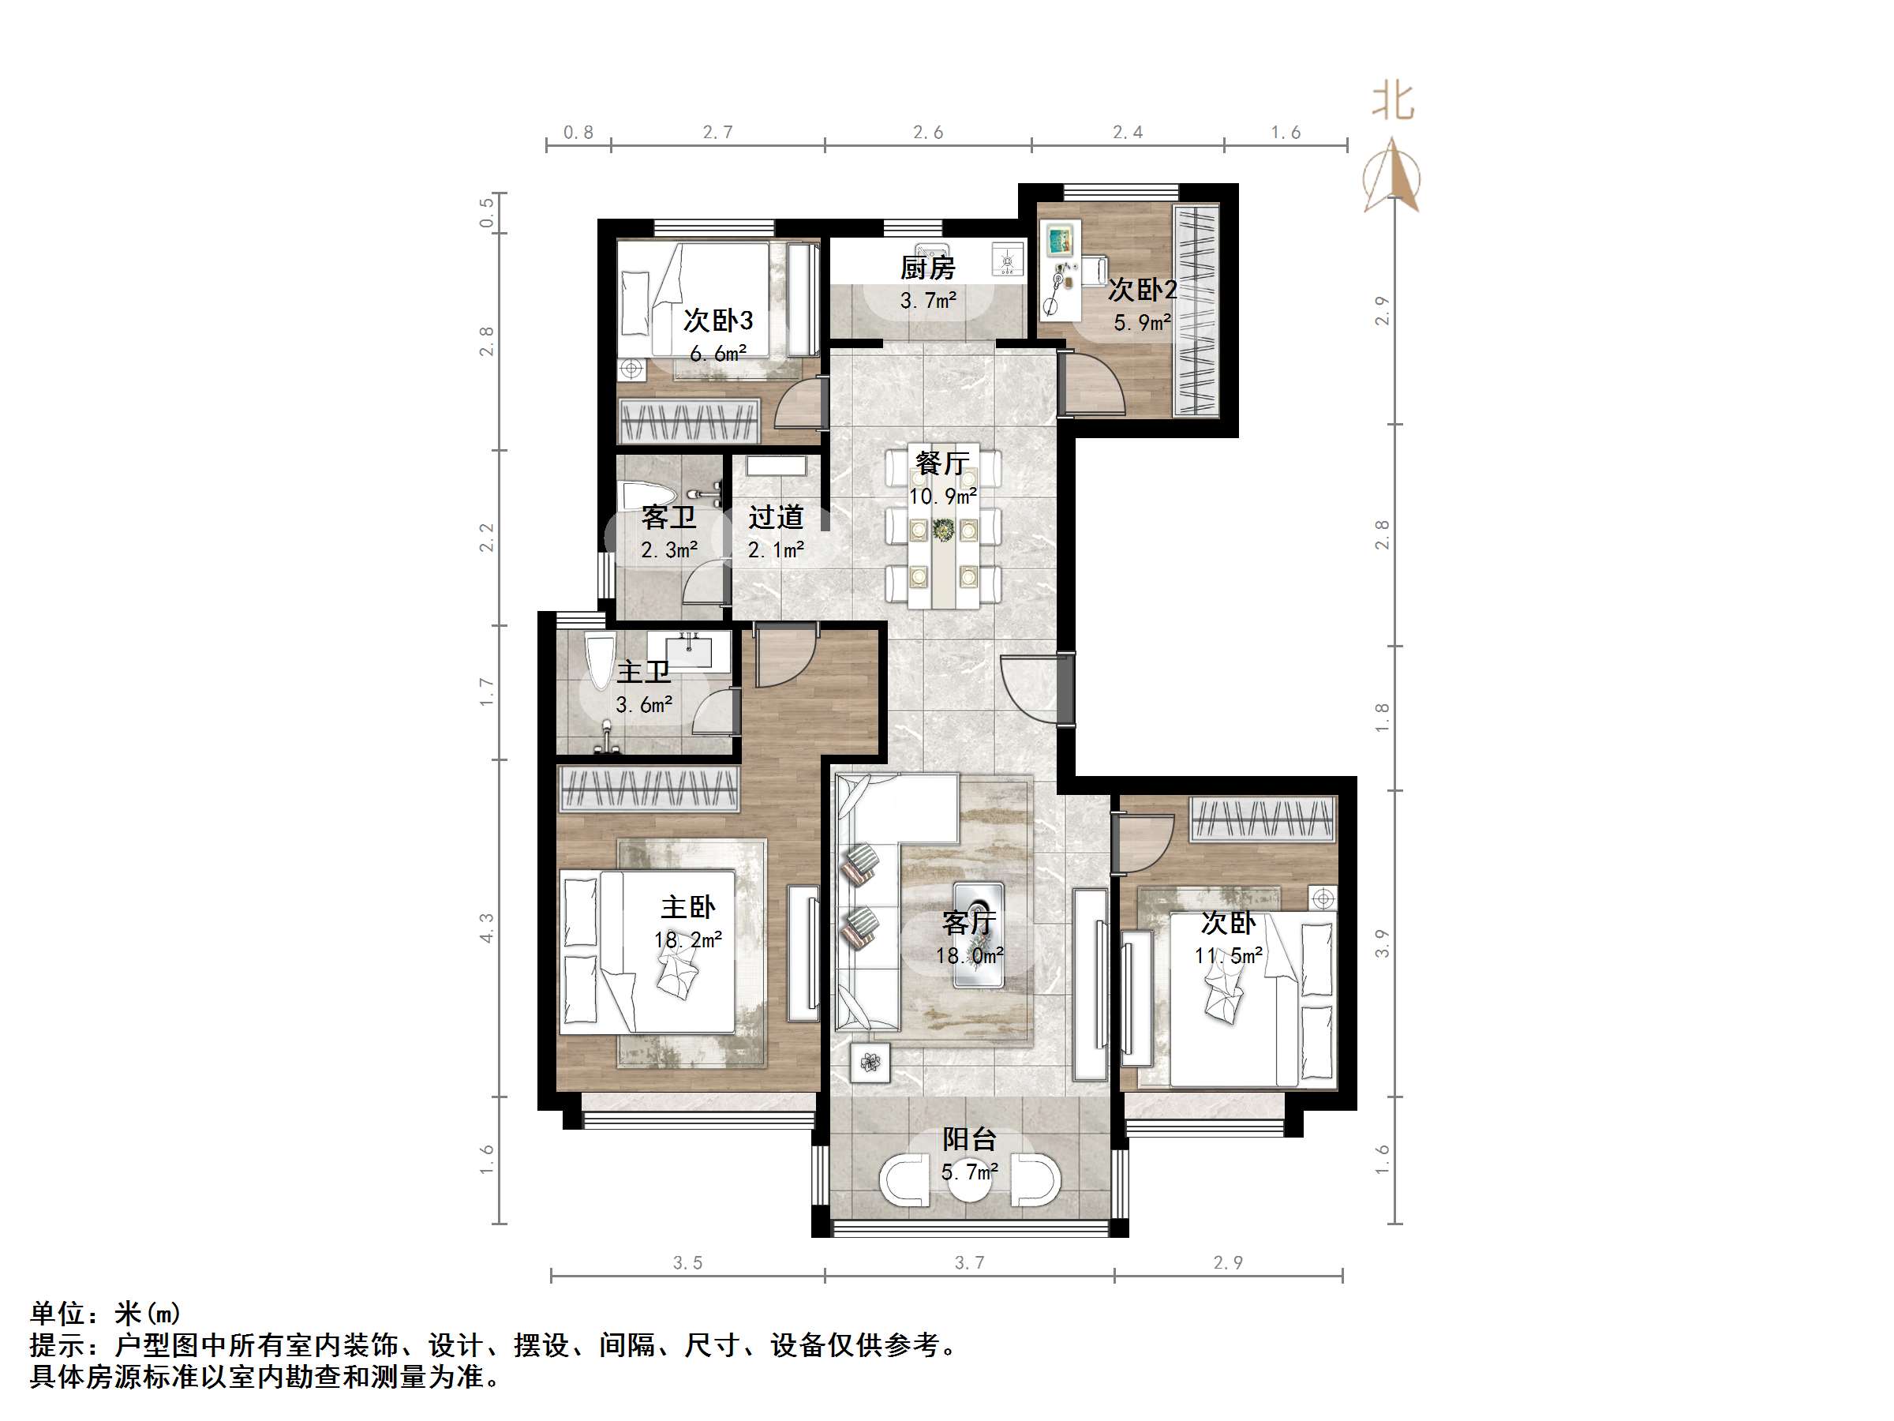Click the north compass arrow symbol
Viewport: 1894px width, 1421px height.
[x=1391, y=175]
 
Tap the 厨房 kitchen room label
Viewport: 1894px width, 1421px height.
[x=927, y=268]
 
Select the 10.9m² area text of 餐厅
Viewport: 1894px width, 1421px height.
[x=943, y=497]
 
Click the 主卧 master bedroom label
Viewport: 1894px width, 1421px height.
[x=687, y=907]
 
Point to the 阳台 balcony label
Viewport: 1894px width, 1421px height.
[x=969, y=1139]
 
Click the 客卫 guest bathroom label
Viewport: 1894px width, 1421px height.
[x=668, y=517]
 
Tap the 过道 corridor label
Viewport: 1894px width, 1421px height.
[x=776, y=517]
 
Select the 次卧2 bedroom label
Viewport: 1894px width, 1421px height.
[x=1142, y=290]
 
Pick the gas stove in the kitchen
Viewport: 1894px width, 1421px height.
[x=1007, y=259]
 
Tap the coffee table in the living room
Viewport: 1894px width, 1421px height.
[x=979, y=934]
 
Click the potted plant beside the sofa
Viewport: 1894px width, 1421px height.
[x=870, y=1063]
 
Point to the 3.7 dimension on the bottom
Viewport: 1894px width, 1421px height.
[x=969, y=1262]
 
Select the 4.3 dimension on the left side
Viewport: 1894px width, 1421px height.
[x=486, y=928]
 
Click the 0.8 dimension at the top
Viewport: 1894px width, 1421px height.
[x=578, y=132]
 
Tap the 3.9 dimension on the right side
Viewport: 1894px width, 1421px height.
[x=1381, y=943]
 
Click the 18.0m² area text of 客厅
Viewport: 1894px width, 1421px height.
[x=969, y=956]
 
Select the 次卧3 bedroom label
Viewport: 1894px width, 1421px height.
[x=717, y=321]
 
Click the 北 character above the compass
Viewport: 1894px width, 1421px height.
[x=1393, y=101]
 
